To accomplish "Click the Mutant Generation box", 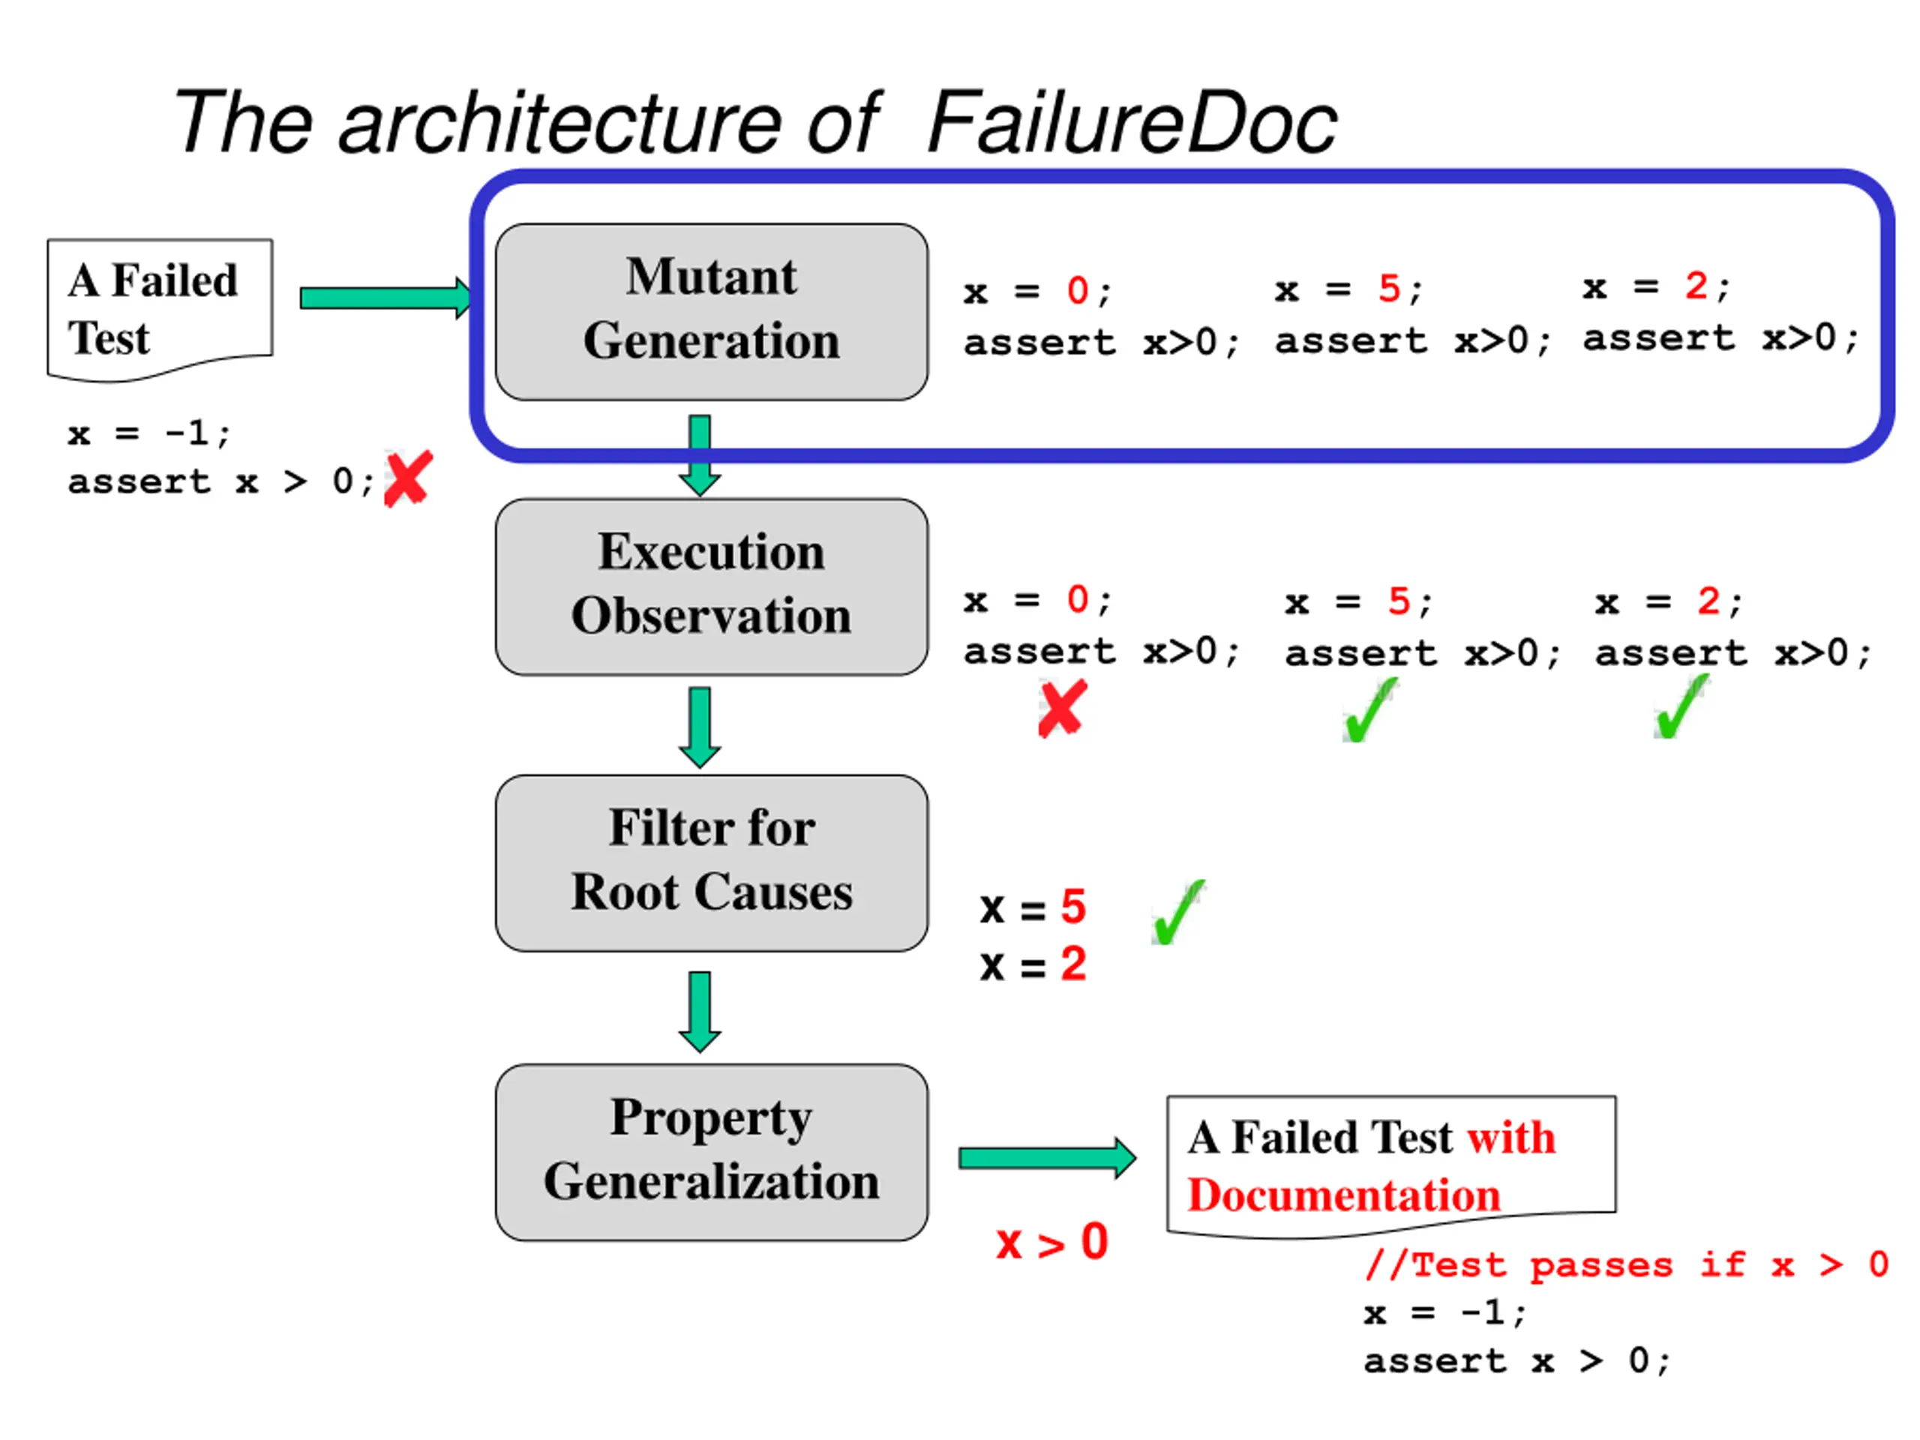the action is click(711, 311).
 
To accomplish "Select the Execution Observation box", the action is click(711, 586).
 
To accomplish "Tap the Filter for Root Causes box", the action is click(711, 862).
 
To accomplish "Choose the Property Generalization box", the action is click(711, 1152).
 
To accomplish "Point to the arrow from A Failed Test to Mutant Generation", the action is click(386, 298).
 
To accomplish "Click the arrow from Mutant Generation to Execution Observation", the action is click(700, 454).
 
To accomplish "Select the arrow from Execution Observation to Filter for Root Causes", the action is click(700, 727).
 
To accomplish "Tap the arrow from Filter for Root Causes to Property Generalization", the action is click(700, 1011).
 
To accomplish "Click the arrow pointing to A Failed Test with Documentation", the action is click(1048, 1158).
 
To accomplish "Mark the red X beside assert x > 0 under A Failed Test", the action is click(408, 478).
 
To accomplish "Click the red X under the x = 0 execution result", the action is click(1063, 708).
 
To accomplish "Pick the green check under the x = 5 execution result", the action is click(1369, 709).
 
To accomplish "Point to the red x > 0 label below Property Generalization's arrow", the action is click(1052, 1242).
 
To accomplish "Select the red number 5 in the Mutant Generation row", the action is click(1389, 288).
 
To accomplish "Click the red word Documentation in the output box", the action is click(1344, 1195).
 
